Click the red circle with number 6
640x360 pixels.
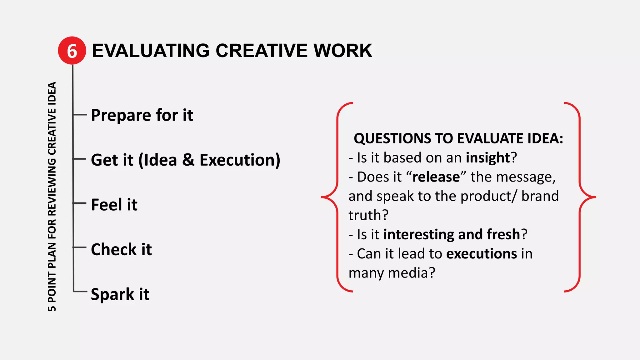point(72,51)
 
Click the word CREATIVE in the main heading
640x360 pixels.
point(262,51)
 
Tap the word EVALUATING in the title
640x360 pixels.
point(151,51)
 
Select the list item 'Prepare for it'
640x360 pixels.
point(142,115)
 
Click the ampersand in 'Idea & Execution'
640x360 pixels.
point(188,160)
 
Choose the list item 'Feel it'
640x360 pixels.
point(114,205)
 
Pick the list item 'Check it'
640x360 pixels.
point(121,249)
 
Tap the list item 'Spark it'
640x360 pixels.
point(120,294)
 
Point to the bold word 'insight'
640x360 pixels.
point(488,157)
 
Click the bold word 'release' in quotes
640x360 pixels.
point(436,177)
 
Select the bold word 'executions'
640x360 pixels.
point(482,253)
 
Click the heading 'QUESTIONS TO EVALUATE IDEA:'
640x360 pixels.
point(458,138)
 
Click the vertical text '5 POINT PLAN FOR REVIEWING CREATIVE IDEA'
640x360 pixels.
point(52,197)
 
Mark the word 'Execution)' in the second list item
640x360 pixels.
point(240,160)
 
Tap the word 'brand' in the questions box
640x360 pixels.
point(540,196)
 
